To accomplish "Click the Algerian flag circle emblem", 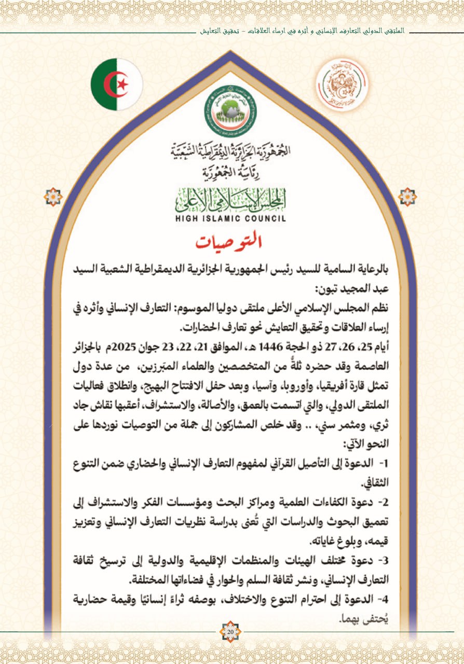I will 116,85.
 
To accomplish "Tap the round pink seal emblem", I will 342,85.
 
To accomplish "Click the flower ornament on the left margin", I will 53,197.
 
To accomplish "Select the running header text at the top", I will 306,31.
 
